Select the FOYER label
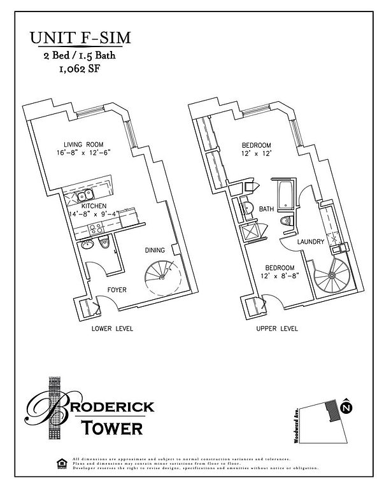tap(116, 290)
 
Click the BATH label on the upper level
tap(267, 208)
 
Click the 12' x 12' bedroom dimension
tap(256, 153)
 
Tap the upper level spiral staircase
tap(330, 278)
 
